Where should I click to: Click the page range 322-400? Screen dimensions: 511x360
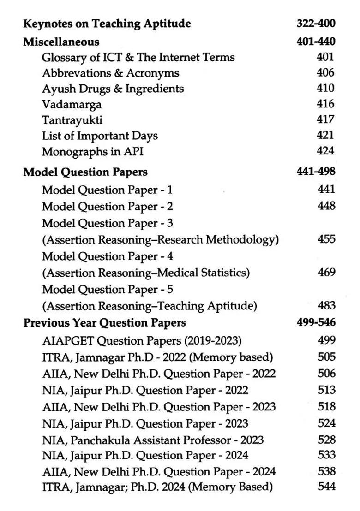point(316,23)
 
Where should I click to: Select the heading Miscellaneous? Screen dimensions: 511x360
point(61,42)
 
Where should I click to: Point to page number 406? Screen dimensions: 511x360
point(325,72)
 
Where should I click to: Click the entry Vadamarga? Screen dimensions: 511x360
point(72,105)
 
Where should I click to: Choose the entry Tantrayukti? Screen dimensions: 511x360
point(72,120)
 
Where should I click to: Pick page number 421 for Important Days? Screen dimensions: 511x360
point(325,135)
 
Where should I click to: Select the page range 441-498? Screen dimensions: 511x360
point(316,172)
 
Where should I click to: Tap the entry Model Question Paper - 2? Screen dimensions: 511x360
point(108,207)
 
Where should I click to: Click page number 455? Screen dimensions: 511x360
point(326,239)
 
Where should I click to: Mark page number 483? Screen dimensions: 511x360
point(326,305)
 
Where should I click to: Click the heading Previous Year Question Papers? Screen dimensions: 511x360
point(105,323)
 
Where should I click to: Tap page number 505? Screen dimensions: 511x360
point(326,357)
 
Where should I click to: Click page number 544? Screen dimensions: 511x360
point(326,486)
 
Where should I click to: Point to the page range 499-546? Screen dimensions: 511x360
point(316,322)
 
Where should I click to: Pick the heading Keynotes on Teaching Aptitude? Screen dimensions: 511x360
point(107,24)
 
